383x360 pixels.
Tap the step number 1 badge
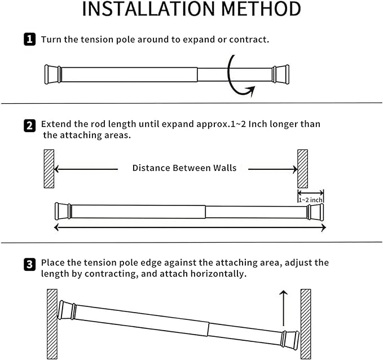click(29, 40)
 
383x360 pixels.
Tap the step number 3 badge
click(29, 264)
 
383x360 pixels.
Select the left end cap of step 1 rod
click(52, 74)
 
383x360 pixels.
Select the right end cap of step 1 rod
click(280, 74)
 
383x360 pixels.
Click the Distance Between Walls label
click(184, 168)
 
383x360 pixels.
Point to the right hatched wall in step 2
click(302, 169)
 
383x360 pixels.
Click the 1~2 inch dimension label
click(311, 199)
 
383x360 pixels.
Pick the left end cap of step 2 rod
click(62, 211)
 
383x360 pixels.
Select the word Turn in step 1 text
click(51, 40)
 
